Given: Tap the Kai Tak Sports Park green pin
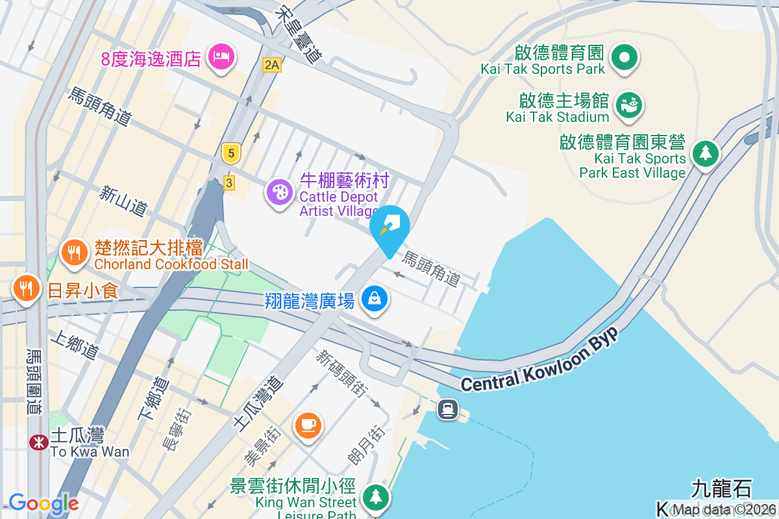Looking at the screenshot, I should (624, 57).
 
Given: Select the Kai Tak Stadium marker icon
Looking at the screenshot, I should (628, 104).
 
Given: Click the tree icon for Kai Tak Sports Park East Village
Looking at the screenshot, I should (705, 154).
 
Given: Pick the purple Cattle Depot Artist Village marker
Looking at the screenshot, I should (280, 192).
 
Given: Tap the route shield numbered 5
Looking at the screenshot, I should (229, 153).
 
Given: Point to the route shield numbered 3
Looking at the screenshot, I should (229, 183).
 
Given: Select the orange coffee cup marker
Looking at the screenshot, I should (308, 425).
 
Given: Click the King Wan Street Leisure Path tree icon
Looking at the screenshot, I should (375, 497).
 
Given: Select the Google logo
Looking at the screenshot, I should (43, 503).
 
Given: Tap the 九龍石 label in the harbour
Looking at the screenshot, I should (721, 487).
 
